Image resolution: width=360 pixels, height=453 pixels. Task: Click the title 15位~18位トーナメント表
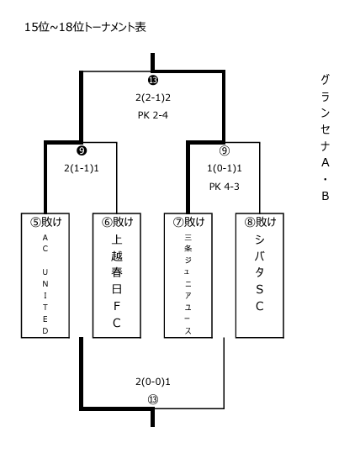[x=85, y=27]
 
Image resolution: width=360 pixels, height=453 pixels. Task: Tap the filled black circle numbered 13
[x=153, y=80]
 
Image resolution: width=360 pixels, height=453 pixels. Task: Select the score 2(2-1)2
[x=153, y=97]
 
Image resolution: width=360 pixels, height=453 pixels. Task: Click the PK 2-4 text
[x=153, y=115]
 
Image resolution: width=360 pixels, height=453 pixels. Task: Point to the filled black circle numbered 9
[x=82, y=150]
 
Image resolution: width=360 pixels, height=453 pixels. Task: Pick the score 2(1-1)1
[x=82, y=168]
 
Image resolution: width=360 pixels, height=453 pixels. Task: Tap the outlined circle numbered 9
[x=225, y=150]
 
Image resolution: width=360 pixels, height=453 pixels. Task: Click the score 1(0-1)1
[x=225, y=168]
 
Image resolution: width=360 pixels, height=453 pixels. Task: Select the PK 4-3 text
[x=225, y=187]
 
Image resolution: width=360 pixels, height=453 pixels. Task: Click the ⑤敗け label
[x=45, y=222]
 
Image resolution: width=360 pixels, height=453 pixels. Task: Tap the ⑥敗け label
[x=117, y=222]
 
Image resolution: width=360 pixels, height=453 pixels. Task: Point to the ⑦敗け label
[x=188, y=222]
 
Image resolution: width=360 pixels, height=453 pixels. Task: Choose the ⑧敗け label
[x=260, y=222]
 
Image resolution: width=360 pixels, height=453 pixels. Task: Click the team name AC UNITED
[x=45, y=284]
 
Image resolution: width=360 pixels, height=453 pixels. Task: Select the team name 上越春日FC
[x=117, y=281]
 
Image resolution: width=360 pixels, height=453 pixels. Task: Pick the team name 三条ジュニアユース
[x=188, y=285]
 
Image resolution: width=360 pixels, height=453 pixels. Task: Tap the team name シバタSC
[x=259, y=272]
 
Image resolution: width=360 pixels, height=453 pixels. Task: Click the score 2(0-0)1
[x=153, y=382]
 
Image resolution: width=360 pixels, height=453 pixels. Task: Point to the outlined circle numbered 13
[x=153, y=399]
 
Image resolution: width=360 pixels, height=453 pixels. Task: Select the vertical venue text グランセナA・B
[x=326, y=137]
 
